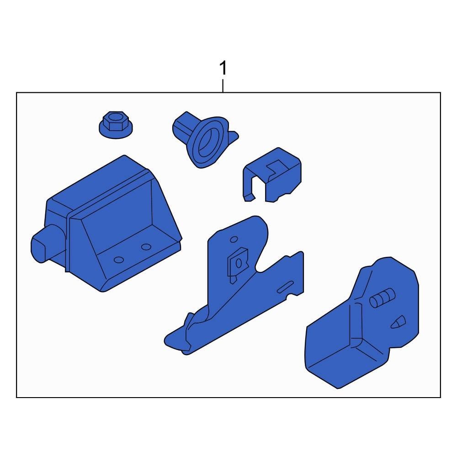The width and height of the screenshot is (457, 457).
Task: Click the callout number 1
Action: pyautogui.click(x=223, y=68)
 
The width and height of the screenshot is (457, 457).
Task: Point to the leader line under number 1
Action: pyautogui.click(x=223, y=86)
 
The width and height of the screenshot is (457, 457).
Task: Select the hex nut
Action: pyautogui.click(x=116, y=124)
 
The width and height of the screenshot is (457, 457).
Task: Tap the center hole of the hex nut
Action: pyautogui.click(x=116, y=118)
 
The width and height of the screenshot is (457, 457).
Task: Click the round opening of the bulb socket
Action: pyautogui.click(x=208, y=140)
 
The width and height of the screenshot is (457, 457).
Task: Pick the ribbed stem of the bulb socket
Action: pyautogui.click(x=183, y=126)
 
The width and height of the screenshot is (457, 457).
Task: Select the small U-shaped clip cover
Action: pyautogui.click(x=272, y=175)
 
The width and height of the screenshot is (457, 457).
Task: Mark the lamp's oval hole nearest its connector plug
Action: pyautogui.click(x=119, y=260)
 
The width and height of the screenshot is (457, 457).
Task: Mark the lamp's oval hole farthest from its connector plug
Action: pyautogui.click(x=146, y=247)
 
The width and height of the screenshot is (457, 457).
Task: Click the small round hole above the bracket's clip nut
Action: pyautogui.click(x=234, y=239)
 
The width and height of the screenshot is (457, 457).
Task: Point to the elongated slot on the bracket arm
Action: pyautogui.click(x=285, y=287)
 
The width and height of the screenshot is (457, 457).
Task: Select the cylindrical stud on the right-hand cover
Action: pyautogui.click(x=382, y=298)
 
